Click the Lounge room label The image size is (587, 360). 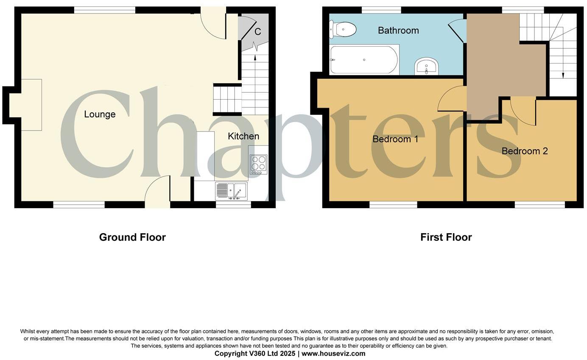coord(100,114)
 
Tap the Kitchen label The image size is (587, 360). coord(243,136)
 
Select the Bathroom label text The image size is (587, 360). coord(398,31)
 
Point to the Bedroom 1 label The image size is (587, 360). coord(395,139)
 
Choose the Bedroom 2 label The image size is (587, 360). coord(525,151)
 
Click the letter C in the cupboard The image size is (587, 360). coord(257,32)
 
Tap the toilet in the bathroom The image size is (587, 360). coord(343,30)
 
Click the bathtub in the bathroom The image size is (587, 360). coord(364,60)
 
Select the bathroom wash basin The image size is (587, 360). coord(426,67)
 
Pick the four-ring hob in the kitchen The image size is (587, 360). coord(258,164)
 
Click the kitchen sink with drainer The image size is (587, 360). coord(231,191)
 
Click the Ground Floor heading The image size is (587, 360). coord(132,237)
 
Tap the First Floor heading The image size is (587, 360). coord(446,237)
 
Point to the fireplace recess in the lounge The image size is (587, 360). coord(25,105)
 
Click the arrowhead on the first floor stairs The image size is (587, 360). coord(563,75)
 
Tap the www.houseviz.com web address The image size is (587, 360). coord(333,354)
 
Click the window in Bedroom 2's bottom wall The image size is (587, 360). coord(539,205)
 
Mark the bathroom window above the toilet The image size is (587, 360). coord(381,10)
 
